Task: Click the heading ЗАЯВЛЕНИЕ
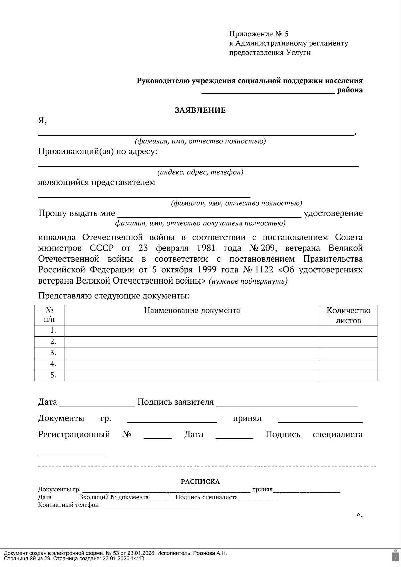pyautogui.click(x=200, y=110)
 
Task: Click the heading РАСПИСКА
pyautogui.click(x=200, y=482)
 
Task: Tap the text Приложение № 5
pyautogui.click(x=258, y=34)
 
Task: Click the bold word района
pyautogui.click(x=350, y=90)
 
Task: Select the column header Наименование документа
pyautogui.click(x=192, y=311)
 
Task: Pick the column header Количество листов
pyautogui.click(x=348, y=315)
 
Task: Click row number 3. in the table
pyautogui.click(x=53, y=353)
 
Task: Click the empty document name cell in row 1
pyautogui.click(x=192, y=331)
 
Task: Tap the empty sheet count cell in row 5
pyautogui.click(x=348, y=375)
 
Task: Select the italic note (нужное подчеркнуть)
pyautogui.click(x=248, y=281)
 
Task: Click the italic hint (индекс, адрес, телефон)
pyautogui.click(x=200, y=172)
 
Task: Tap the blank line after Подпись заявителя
pyautogui.click(x=286, y=403)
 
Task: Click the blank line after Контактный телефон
pyautogui.click(x=149, y=505)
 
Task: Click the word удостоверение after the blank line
pyautogui.click(x=333, y=213)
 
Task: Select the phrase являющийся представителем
pyautogui.click(x=97, y=182)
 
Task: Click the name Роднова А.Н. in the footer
pyautogui.click(x=210, y=553)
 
